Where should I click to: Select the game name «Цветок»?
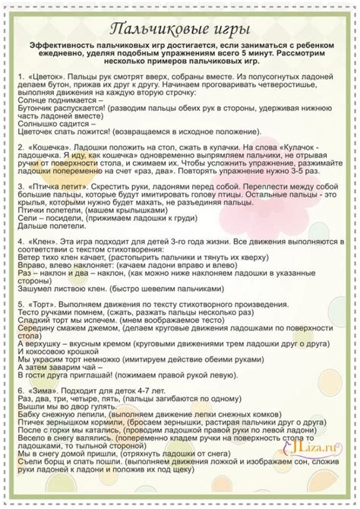point(48,78)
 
